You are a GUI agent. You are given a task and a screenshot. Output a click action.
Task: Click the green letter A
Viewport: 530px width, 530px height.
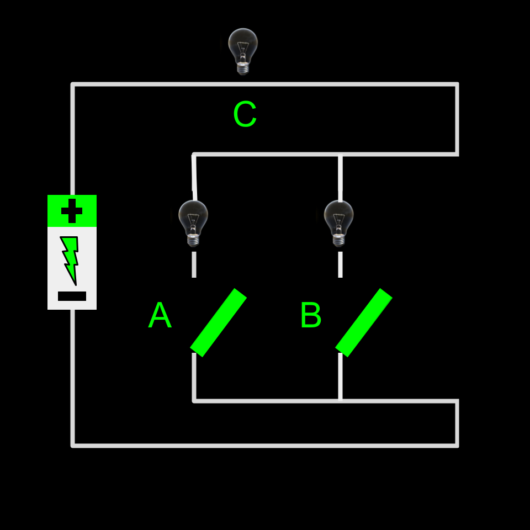coord(160,316)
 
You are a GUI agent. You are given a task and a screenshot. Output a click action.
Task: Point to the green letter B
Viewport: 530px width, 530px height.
coord(310,316)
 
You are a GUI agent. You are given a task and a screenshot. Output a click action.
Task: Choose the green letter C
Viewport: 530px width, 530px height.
coord(245,115)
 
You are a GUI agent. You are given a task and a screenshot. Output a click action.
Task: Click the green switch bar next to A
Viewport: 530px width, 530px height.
coord(218,322)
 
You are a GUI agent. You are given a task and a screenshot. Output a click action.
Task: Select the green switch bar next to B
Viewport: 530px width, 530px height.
coord(364,322)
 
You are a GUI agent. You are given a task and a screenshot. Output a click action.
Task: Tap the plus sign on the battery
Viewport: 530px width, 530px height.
coord(72,211)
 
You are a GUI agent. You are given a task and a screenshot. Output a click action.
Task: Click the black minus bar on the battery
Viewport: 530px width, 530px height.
coord(72,296)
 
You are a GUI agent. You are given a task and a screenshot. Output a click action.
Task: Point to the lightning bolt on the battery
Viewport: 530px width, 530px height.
coord(70,259)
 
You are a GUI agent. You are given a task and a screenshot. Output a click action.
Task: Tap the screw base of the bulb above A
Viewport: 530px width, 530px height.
coord(193,241)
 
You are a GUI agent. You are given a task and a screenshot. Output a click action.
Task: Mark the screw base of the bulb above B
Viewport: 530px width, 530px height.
coord(339,241)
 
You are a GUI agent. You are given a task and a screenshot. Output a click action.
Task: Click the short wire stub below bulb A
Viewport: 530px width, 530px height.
coord(194,264)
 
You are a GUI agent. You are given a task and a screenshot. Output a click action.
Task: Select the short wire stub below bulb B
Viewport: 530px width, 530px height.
coord(340,264)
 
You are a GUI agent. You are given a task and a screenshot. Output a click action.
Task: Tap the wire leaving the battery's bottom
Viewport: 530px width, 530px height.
coord(72,375)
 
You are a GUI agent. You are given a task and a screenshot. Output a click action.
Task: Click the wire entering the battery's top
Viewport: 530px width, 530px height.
coord(72,138)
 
